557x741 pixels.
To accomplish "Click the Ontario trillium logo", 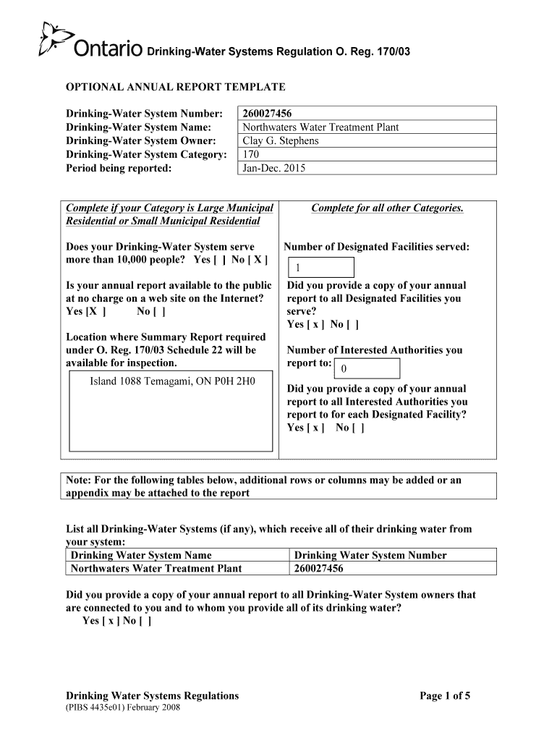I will [x=55, y=41].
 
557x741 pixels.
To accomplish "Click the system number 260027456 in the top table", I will [x=268, y=114].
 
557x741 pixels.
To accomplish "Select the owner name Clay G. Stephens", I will [x=280, y=141].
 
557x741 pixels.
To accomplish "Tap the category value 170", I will [x=251, y=155].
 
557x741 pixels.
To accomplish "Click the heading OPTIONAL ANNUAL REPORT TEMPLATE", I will [x=176, y=88].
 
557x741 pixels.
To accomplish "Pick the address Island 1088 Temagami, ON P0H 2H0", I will [x=172, y=380].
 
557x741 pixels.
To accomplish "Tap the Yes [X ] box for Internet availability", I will [x=86, y=312].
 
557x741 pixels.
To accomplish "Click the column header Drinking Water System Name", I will [x=141, y=555].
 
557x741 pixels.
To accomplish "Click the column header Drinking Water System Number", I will [x=370, y=555].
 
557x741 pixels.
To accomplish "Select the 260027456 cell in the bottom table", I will [x=318, y=569].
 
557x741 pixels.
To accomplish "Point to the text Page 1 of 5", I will [x=445, y=696].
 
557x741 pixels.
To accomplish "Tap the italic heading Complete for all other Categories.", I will [x=387, y=208].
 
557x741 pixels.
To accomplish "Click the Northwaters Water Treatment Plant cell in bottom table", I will [x=156, y=569].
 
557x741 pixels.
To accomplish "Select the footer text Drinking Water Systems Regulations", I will [x=152, y=696].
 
